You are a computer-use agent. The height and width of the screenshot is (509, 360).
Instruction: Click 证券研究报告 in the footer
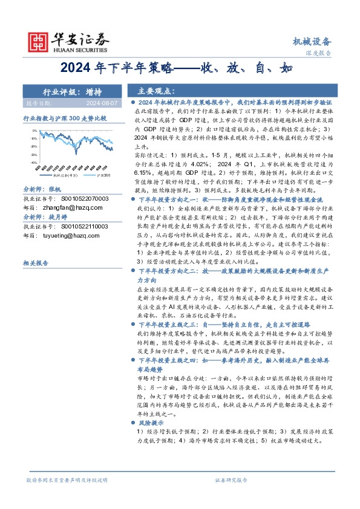(231, 479)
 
